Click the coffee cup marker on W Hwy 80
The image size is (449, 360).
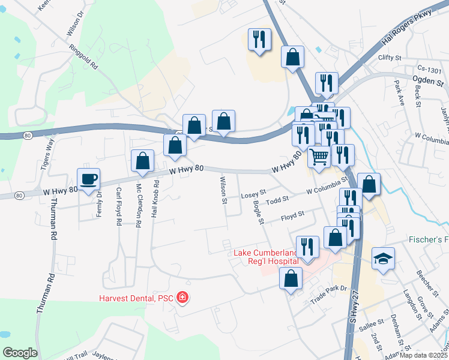[89, 179]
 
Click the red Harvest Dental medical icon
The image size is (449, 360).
[182, 297]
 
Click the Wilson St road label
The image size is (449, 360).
[223, 190]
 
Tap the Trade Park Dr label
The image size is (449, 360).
[328, 291]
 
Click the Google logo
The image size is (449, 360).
[20, 353]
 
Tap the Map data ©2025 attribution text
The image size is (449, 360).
[424, 355]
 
